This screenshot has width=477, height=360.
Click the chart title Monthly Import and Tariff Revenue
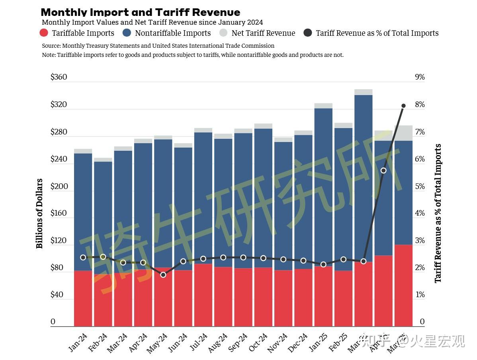click(x=140, y=12)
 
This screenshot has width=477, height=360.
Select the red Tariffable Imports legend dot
click(x=45, y=33)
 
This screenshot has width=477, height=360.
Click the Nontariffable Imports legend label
click(x=173, y=33)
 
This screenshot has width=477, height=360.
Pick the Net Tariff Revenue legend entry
click(x=263, y=33)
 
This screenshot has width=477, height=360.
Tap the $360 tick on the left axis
click(x=59, y=77)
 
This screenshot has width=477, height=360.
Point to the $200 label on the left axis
click(x=59, y=186)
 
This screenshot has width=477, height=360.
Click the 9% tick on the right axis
click(x=420, y=77)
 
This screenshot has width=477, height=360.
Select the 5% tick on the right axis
click(x=420, y=186)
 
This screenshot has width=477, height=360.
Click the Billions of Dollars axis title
click(x=39, y=214)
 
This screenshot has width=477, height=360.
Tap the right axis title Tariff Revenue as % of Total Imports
click(x=438, y=214)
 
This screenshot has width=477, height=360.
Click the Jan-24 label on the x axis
click(x=78, y=342)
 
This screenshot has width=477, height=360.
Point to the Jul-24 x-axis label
click(x=198, y=342)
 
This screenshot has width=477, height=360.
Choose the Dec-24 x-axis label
click(x=298, y=342)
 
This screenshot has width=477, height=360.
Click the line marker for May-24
click(x=163, y=275)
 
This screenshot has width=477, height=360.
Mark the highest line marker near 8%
click(x=403, y=106)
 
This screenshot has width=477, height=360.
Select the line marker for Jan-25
click(x=323, y=265)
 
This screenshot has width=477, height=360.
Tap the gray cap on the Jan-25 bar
click(x=323, y=106)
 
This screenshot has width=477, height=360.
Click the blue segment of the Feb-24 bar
click(x=103, y=215)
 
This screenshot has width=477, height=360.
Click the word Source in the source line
click(x=51, y=46)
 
